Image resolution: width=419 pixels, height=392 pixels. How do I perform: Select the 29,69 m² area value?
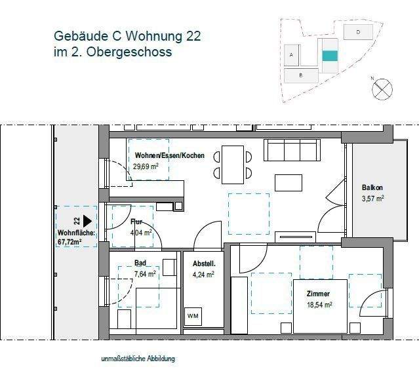pyautogui.click(x=146, y=167)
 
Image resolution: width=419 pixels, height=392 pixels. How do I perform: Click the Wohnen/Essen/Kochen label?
pyautogui.click(x=169, y=155)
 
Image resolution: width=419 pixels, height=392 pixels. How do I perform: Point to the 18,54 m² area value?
pyautogui.click(x=317, y=305)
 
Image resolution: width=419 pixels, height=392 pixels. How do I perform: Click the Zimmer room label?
pyautogui.click(x=317, y=294)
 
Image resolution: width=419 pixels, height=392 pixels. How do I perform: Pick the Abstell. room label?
pyautogui.click(x=203, y=264)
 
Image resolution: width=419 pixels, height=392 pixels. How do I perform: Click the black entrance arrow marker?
pyautogui.click(x=87, y=223)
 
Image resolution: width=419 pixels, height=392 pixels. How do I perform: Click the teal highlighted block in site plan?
pyautogui.click(x=330, y=56)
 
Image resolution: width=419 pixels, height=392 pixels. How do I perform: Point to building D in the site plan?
pyautogui.click(x=358, y=31)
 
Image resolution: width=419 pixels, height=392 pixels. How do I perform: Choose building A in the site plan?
pyautogui.click(x=290, y=55)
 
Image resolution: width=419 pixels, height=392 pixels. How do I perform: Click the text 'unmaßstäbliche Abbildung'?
pyautogui.click(x=138, y=359)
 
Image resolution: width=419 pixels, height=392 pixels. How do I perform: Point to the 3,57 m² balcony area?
pyautogui.click(x=372, y=197)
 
